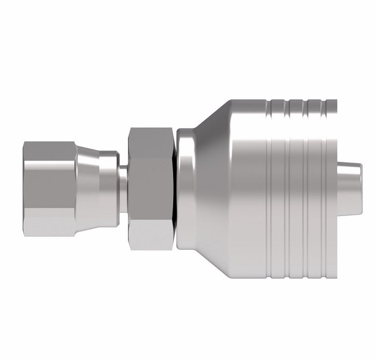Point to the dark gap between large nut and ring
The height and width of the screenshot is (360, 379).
click(x=174, y=188)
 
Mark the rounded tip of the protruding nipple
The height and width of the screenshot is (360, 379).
click(x=359, y=185)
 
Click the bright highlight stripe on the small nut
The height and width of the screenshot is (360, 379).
click(x=49, y=204)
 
